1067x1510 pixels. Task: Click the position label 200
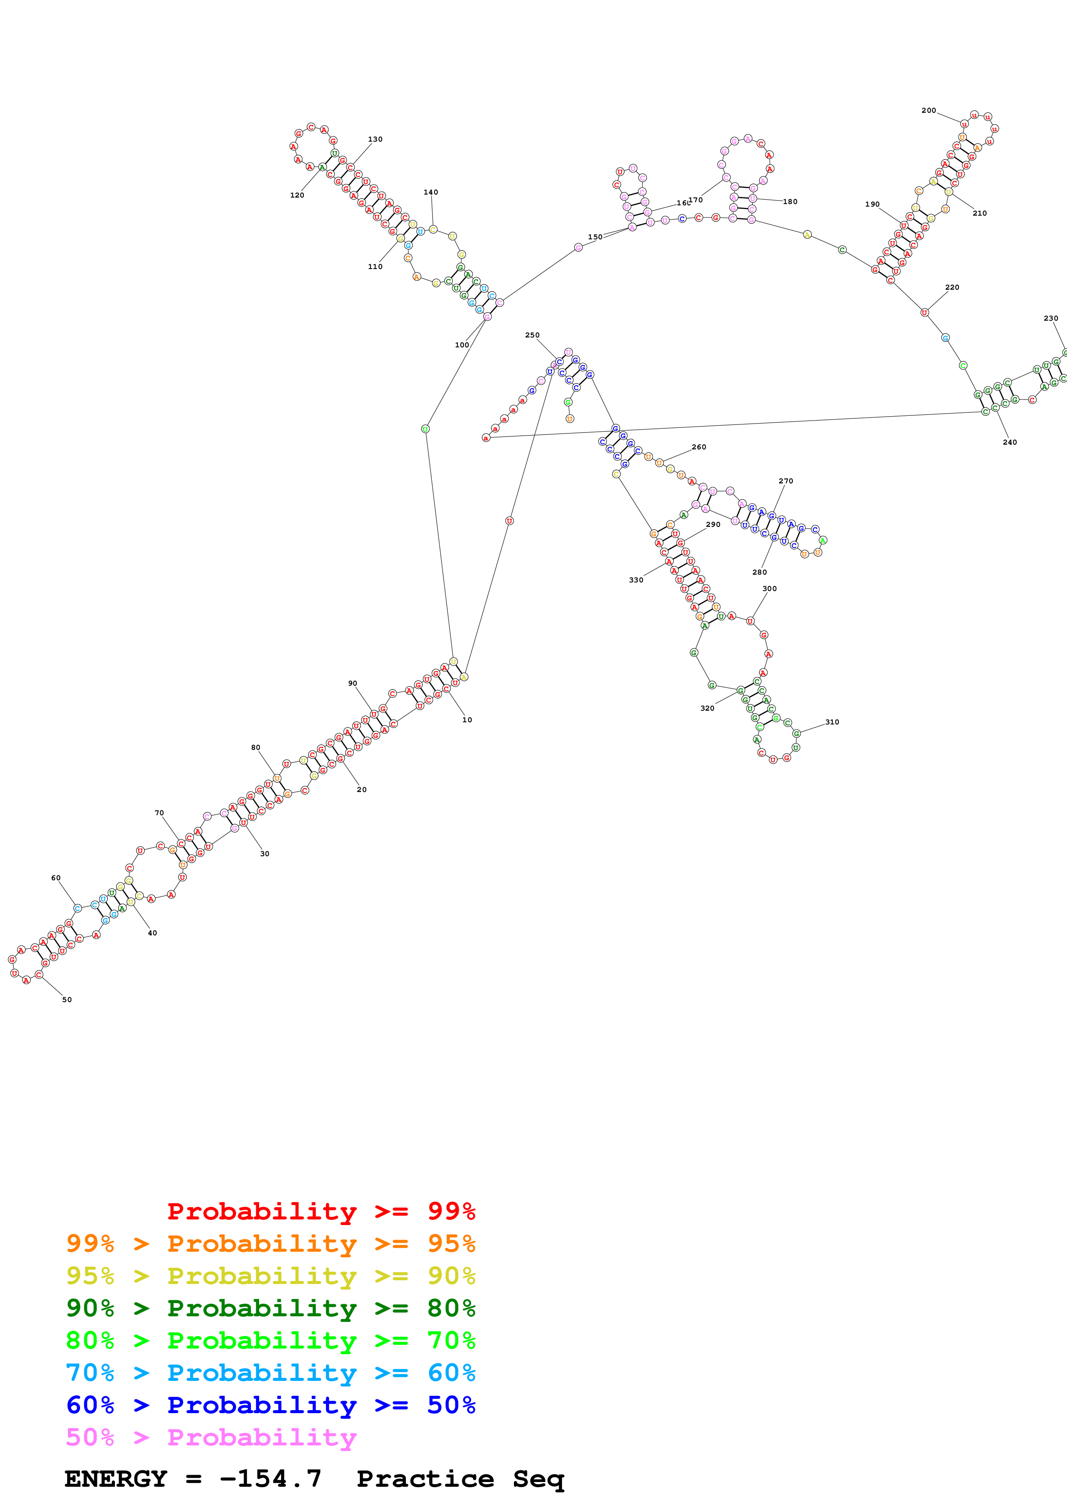click(x=928, y=111)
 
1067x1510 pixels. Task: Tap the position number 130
click(x=375, y=139)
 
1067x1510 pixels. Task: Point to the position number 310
click(x=832, y=722)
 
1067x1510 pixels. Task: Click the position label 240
click(x=1009, y=442)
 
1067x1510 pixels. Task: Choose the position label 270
click(x=786, y=481)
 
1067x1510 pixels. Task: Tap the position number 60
click(x=56, y=878)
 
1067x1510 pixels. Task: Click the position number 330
click(x=636, y=580)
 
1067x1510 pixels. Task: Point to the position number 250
click(x=532, y=335)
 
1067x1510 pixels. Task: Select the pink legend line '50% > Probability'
click(x=211, y=1438)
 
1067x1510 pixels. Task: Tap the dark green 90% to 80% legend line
click(x=270, y=1309)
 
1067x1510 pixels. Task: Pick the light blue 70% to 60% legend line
click(x=270, y=1373)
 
